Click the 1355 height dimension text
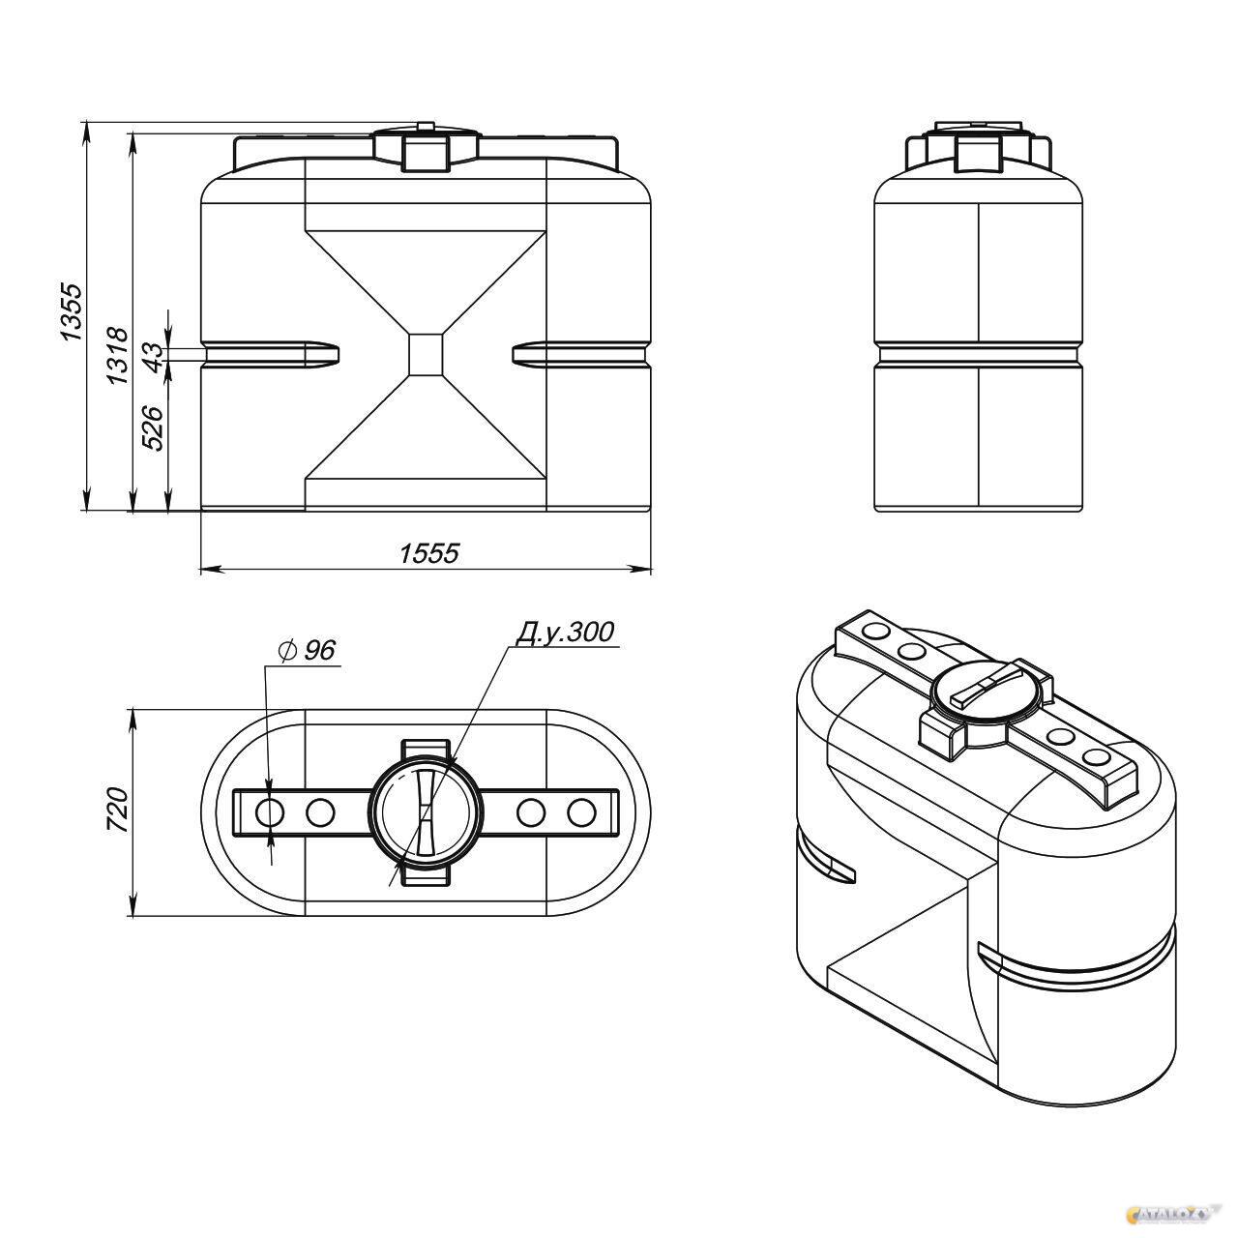click(x=70, y=311)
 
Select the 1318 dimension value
click(x=118, y=356)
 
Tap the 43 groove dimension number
click(x=153, y=356)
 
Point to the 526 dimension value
click(x=153, y=427)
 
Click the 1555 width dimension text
click(x=429, y=553)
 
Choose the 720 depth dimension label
click(x=118, y=811)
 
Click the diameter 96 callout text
click(x=308, y=650)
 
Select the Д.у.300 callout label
click(x=565, y=633)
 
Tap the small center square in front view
click(x=426, y=353)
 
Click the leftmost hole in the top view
click(x=269, y=812)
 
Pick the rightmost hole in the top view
click(x=581, y=812)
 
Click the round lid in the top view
click(x=426, y=812)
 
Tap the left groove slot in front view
click(x=271, y=354)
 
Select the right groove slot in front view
click(x=581, y=354)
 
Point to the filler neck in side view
click(x=979, y=155)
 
